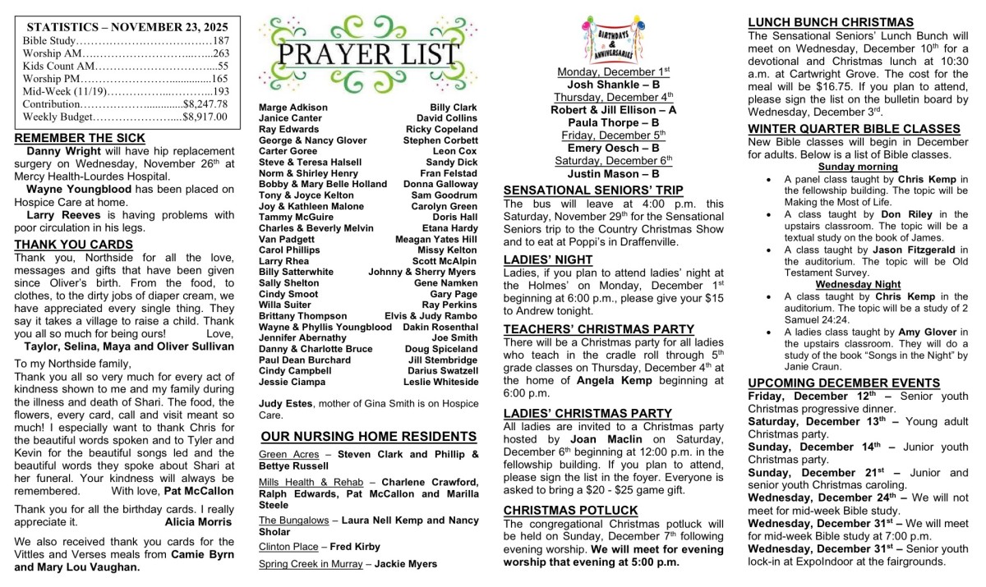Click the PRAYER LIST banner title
(x=368, y=53)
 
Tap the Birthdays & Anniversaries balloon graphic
(x=613, y=39)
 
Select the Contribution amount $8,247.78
(x=205, y=104)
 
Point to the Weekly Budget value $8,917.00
(x=205, y=117)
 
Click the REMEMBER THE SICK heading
(x=80, y=138)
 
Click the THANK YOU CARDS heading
(x=73, y=245)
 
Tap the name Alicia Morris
(x=199, y=521)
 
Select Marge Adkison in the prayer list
(x=293, y=108)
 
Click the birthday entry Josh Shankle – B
(x=613, y=84)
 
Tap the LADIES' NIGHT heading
(x=548, y=259)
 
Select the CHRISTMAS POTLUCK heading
(x=570, y=510)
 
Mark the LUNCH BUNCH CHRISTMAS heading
(x=831, y=22)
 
